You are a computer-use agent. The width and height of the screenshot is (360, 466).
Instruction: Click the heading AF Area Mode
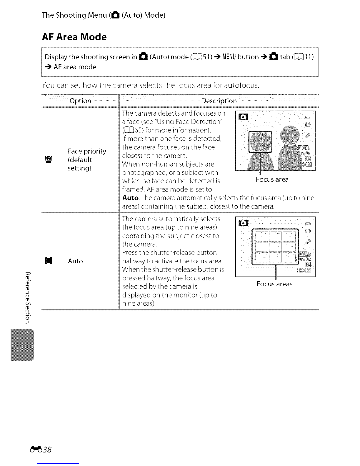tap(74, 37)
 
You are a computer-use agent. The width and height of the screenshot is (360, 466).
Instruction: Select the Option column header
tap(80, 101)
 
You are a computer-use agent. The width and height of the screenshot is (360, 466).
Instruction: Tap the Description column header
tap(219, 101)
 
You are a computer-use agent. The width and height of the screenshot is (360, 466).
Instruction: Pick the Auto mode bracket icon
tap(49, 261)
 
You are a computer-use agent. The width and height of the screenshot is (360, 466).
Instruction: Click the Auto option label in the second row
tap(75, 261)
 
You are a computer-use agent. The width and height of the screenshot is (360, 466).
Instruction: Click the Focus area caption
tap(272, 179)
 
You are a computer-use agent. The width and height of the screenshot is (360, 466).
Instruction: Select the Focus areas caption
tap(274, 284)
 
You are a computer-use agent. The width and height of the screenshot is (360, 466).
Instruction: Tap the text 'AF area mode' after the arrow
tap(75, 67)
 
